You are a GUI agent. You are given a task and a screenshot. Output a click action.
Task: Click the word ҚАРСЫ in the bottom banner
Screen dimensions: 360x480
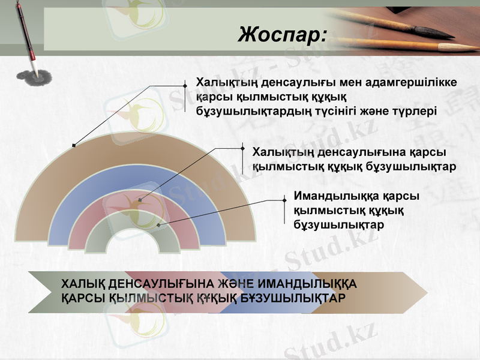point(83,298)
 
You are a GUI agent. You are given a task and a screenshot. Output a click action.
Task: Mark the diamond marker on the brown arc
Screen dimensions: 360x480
point(74,145)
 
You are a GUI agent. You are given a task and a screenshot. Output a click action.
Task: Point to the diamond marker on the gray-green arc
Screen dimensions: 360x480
point(158,226)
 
